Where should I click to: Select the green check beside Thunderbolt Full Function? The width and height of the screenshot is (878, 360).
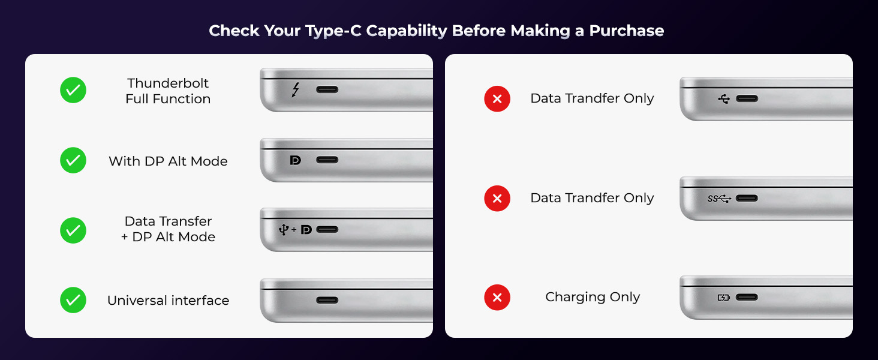click(x=73, y=90)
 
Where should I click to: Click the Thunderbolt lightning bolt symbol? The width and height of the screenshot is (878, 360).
click(x=295, y=90)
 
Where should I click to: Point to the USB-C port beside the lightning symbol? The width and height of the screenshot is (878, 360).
click(x=327, y=90)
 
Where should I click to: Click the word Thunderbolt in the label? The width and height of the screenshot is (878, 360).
click(x=168, y=83)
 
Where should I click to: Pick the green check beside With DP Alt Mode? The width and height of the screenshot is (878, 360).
click(x=73, y=161)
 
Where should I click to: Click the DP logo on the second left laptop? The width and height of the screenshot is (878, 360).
click(x=295, y=160)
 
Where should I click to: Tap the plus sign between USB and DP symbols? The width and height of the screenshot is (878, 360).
click(x=294, y=230)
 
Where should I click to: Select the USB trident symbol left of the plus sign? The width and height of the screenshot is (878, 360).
click(x=284, y=229)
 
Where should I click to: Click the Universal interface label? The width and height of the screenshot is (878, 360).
click(x=168, y=301)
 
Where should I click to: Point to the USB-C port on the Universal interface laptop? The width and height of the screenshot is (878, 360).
click(x=327, y=300)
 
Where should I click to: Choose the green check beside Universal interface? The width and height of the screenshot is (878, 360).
click(x=73, y=300)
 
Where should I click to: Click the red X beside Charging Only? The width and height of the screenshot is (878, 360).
click(x=497, y=298)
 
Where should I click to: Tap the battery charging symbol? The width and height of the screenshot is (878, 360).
click(x=724, y=298)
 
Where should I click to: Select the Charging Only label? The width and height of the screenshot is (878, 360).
click(x=593, y=297)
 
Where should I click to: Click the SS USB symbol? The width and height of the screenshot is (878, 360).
click(x=719, y=199)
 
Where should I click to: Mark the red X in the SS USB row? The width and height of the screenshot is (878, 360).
click(x=497, y=199)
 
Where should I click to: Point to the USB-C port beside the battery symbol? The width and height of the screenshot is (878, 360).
click(x=747, y=298)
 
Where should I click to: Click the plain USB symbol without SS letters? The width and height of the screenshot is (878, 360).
click(x=724, y=99)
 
